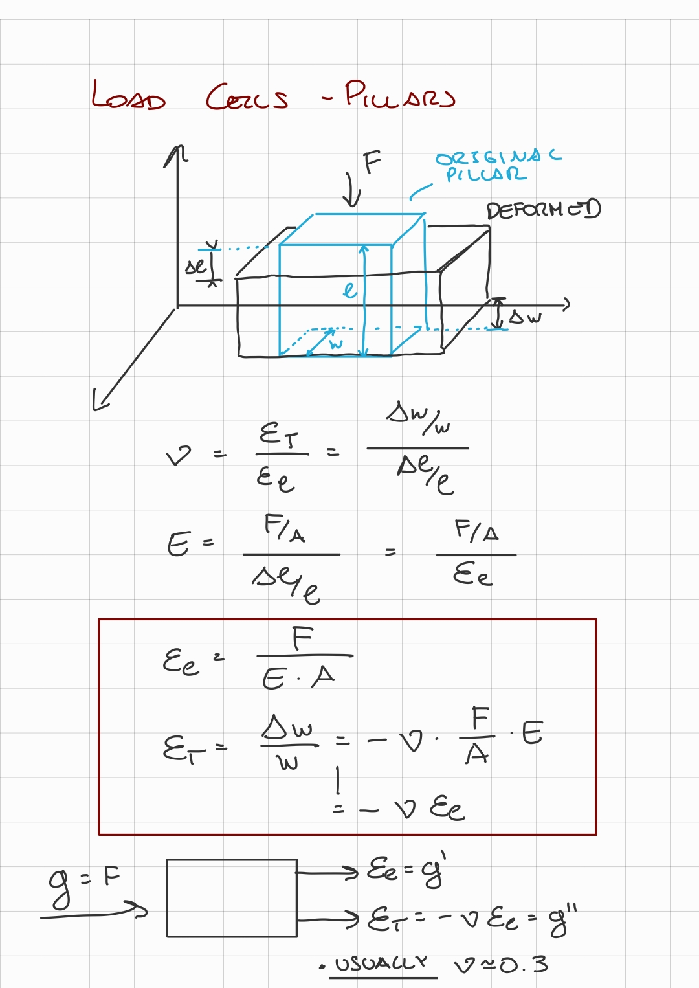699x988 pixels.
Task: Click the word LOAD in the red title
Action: (128, 96)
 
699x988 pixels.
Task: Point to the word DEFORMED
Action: (544, 210)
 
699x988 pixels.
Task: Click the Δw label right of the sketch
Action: (525, 317)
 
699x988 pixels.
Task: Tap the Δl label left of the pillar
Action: (196, 266)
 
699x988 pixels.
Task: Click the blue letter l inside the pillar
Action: (349, 289)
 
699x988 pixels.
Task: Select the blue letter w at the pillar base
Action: (335, 344)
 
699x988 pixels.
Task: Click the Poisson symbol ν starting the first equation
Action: (179, 456)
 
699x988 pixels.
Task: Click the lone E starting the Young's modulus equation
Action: (179, 544)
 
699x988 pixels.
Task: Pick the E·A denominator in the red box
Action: (298, 678)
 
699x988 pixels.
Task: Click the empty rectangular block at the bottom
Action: (232, 897)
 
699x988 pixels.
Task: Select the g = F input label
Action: (84, 884)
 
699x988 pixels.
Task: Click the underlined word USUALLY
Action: (381, 964)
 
